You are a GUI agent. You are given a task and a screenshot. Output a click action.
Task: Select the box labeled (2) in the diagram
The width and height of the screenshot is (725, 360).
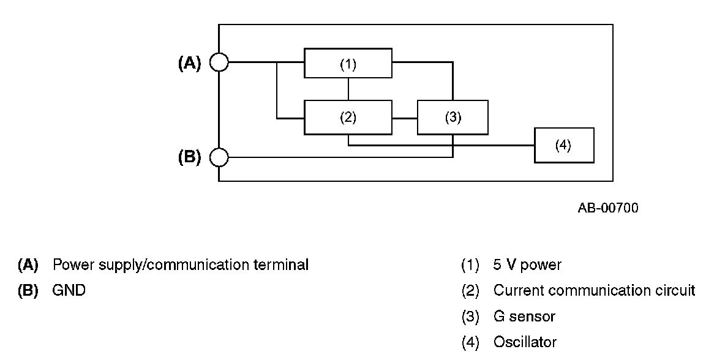[348, 118]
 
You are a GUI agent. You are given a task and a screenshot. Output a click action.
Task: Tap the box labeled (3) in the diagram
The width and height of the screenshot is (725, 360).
[453, 118]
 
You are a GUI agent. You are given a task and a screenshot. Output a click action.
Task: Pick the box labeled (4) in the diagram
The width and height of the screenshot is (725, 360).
[563, 145]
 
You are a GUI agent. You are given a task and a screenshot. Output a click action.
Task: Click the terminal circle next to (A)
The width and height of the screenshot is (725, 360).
[219, 62]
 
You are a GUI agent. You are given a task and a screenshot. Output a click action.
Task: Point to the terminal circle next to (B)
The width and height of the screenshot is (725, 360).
[219, 157]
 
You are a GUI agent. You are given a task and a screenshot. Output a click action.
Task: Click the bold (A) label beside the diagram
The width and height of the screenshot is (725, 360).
[189, 63]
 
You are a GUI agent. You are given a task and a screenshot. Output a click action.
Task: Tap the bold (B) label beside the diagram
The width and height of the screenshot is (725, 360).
[189, 157]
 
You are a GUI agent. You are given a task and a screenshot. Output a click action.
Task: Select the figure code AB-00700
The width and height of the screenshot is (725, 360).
[607, 208]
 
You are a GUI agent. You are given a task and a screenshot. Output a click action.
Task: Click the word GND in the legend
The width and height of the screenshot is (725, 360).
[69, 290]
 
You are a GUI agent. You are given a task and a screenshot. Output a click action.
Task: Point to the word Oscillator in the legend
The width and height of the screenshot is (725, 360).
[525, 342]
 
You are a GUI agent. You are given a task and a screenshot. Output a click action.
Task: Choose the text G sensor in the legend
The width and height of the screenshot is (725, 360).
[524, 317]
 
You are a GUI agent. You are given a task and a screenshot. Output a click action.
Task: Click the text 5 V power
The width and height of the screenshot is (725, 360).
[527, 265]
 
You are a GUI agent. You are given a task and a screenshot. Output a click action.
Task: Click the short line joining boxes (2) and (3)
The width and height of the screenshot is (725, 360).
[405, 118]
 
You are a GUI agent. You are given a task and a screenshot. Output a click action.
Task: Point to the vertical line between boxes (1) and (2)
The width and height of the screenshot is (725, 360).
[348, 89]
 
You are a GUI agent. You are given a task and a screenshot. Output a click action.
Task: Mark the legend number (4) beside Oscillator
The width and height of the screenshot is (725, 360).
[470, 342]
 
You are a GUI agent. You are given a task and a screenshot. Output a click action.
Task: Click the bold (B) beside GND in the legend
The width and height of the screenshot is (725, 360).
[28, 290]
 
